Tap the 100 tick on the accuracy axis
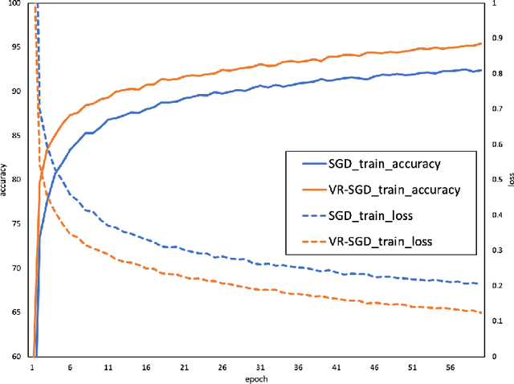(16, 4)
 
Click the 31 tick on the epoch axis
(259, 366)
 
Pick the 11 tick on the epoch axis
(108, 366)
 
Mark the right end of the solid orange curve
(481, 43)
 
